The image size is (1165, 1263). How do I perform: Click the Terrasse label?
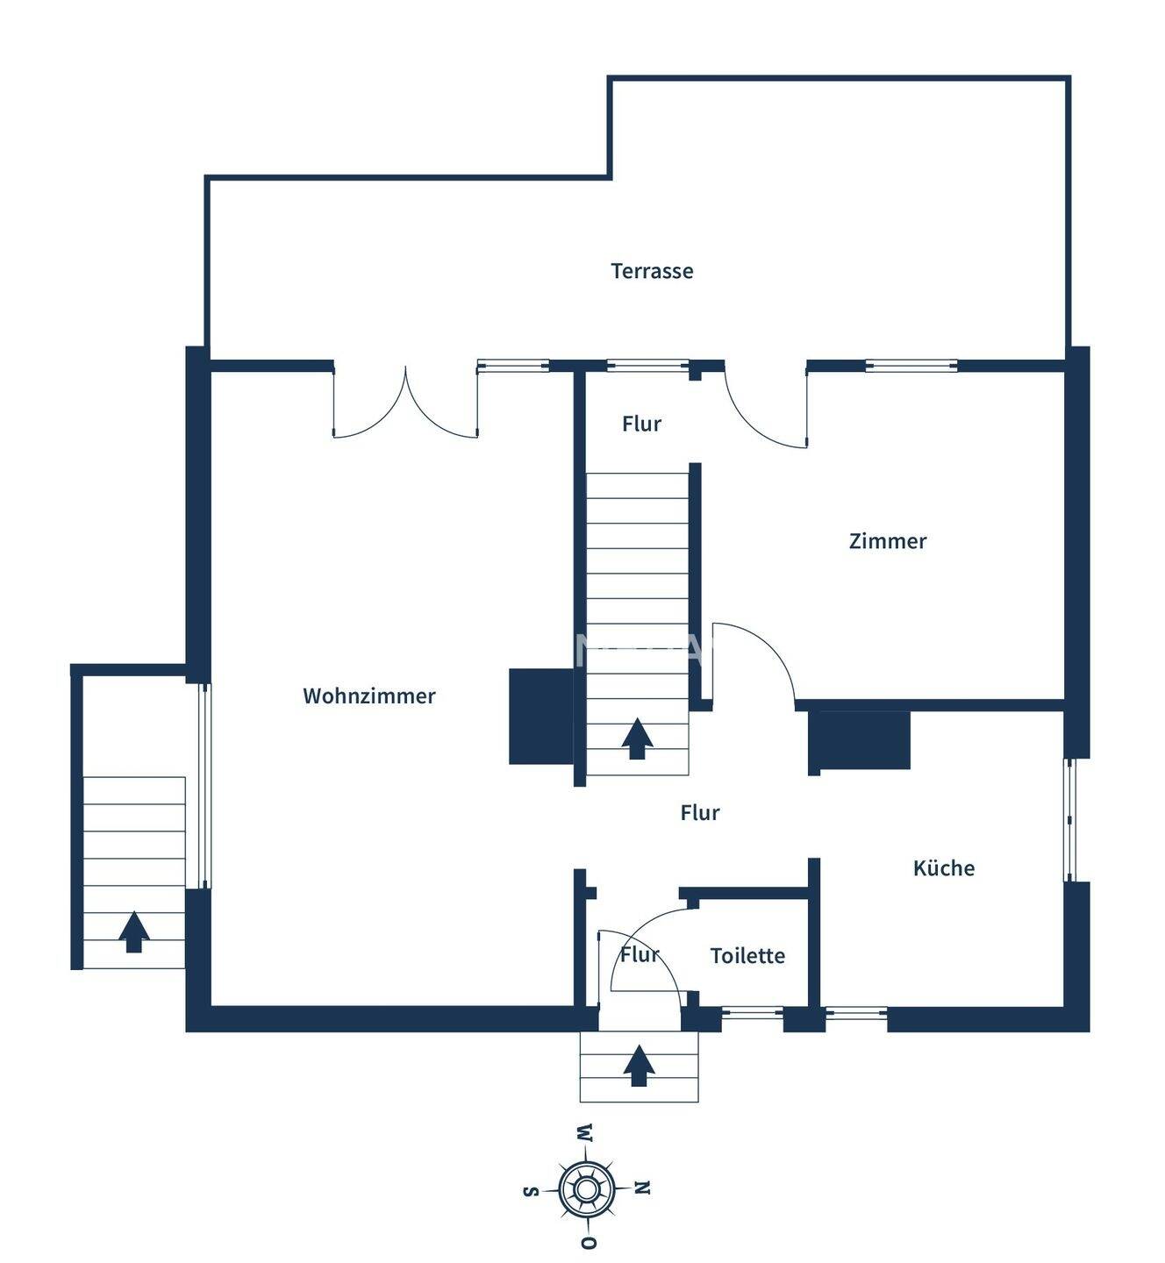pyautogui.click(x=652, y=271)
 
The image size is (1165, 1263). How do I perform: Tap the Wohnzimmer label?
pyautogui.click(x=368, y=696)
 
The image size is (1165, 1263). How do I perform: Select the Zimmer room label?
pyautogui.click(x=887, y=541)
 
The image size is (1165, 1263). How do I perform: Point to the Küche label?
pyautogui.click(x=943, y=868)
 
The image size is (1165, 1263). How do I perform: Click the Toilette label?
pyautogui.click(x=747, y=955)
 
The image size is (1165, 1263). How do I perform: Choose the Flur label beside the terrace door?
pyautogui.click(x=641, y=424)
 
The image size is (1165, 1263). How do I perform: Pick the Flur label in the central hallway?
pyautogui.click(x=699, y=813)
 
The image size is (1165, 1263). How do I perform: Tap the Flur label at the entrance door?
pyautogui.click(x=639, y=954)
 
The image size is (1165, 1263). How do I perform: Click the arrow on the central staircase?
pyautogui.click(x=638, y=739)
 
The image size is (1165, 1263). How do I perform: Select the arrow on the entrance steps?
pyautogui.click(x=639, y=1066)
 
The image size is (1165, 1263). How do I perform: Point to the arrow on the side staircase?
pyautogui.click(x=133, y=931)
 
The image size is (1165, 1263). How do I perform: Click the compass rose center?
pyautogui.click(x=585, y=1189)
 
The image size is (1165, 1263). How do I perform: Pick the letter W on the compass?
pyautogui.click(x=584, y=1132)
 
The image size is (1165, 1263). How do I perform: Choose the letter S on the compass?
pyautogui.click(x=530, y=1190)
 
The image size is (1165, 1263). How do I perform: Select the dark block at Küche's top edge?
pyautogui.click(x=860, y=740)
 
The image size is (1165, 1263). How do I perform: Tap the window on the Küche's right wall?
pyautogui.click(x=1069, y=819)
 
